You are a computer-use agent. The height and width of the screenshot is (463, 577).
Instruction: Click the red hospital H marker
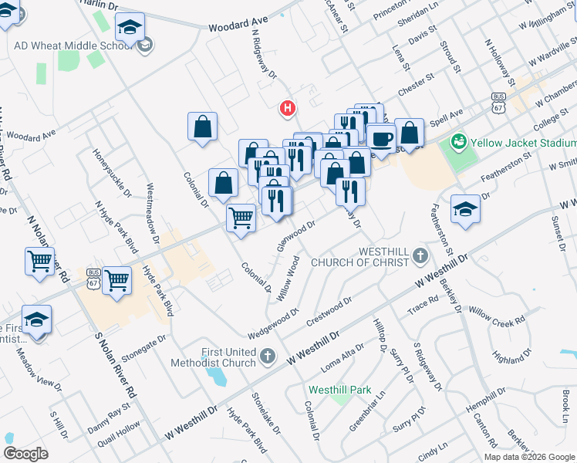click(288, 108)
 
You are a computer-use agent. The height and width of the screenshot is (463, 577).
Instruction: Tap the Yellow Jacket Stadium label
click(523, 143)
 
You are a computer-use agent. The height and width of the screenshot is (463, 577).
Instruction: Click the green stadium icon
click(459, 141)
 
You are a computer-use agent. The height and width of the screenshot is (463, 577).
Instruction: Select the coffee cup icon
click(380, 138)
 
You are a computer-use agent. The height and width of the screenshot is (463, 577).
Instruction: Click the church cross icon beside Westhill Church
click(420, 255)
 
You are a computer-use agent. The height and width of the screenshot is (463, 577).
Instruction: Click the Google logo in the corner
click(25, 454)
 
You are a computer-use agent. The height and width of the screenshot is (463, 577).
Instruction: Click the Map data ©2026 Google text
click(530, 457)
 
